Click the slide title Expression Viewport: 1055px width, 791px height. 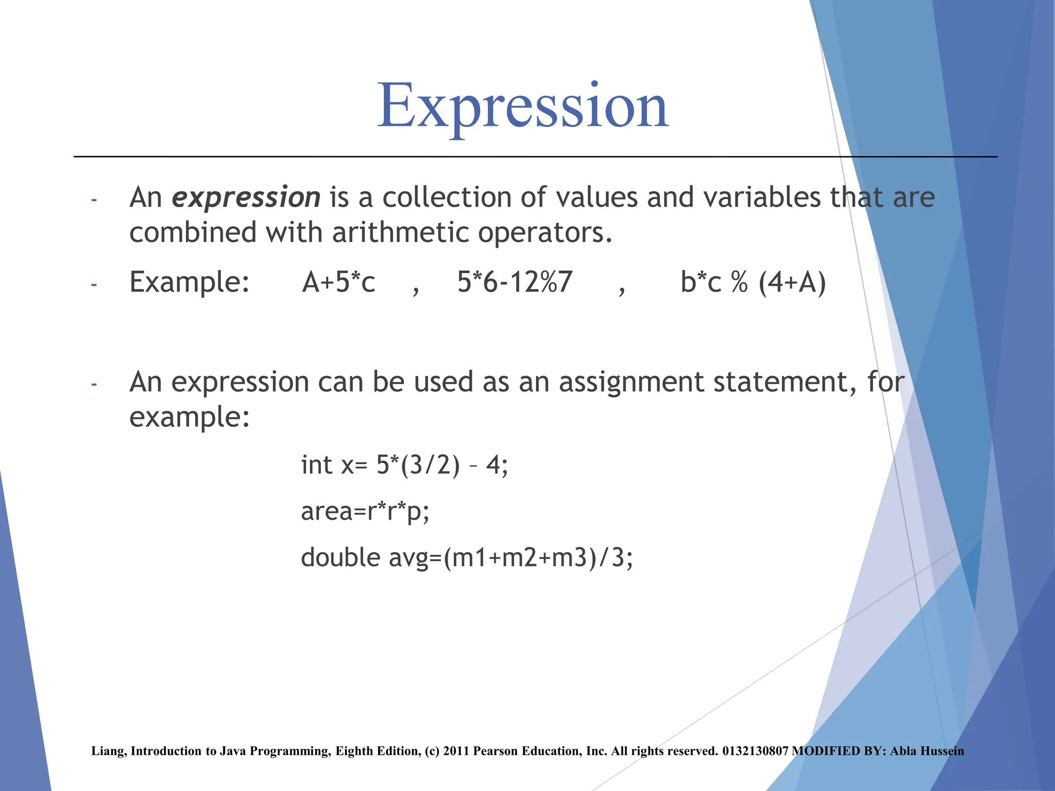pos(522,107)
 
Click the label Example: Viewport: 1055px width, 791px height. pos(189,283)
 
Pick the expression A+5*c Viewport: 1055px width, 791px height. pos(338,283)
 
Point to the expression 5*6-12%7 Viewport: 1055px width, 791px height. pos(515,283)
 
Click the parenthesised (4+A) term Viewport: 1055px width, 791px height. pos(792,283)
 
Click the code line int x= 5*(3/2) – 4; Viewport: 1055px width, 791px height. pos(404,465)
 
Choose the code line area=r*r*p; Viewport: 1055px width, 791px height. pos(365,511)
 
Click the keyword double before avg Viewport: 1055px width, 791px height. pos(341,558)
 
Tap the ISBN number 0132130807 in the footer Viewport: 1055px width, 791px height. pos(755,751)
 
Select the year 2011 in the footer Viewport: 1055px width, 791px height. pos(456,751)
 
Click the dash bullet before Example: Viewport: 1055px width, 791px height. pos(94,284)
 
